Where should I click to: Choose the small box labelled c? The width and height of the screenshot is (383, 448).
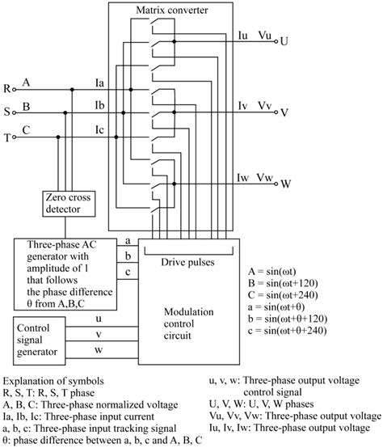click(126, 273)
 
